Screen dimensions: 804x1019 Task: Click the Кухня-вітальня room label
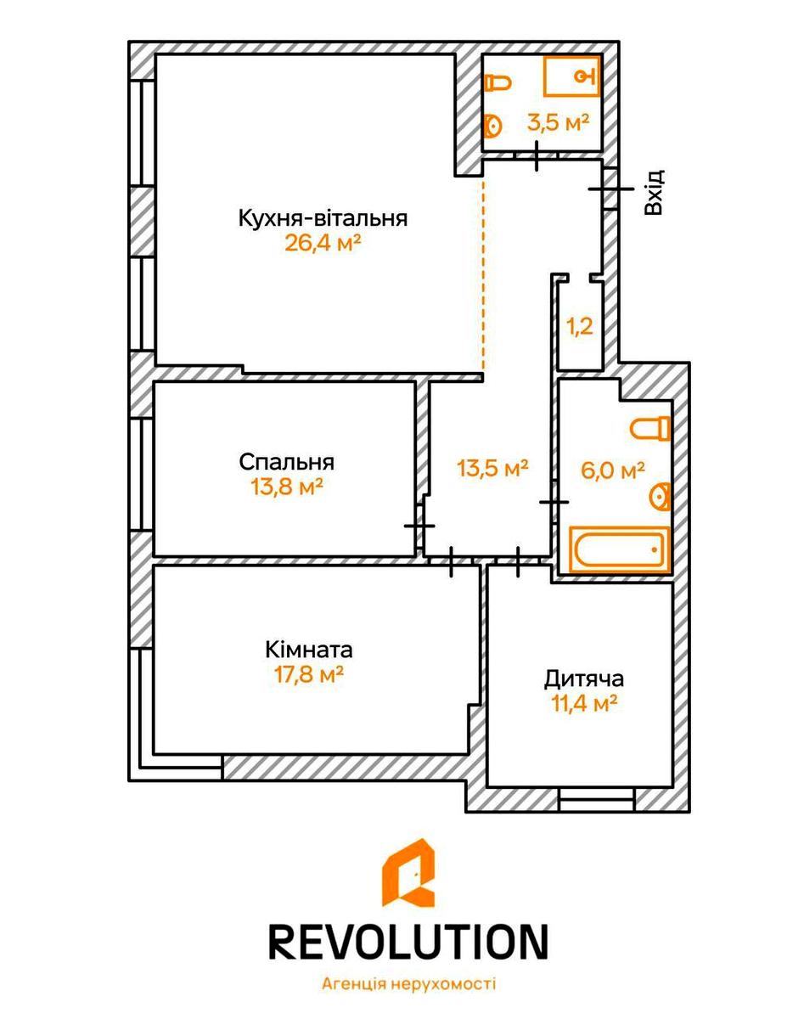323,219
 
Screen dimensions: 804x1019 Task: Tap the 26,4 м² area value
323,244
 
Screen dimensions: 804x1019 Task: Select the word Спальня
286,462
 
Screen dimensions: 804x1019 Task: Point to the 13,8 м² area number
287,487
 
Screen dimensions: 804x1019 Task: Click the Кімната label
309,650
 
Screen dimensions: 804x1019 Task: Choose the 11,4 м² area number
584,703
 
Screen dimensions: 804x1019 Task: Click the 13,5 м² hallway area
493,468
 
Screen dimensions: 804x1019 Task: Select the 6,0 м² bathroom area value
613,470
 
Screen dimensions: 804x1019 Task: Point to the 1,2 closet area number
580,326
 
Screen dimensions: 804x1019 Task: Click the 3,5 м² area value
559,122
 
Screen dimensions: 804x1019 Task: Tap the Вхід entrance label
655,192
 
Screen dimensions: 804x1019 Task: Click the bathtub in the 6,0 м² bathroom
619,549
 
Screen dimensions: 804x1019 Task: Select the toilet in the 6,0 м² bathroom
650,428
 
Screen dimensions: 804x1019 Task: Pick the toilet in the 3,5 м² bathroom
498,83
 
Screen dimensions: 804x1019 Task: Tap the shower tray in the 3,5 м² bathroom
572,76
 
